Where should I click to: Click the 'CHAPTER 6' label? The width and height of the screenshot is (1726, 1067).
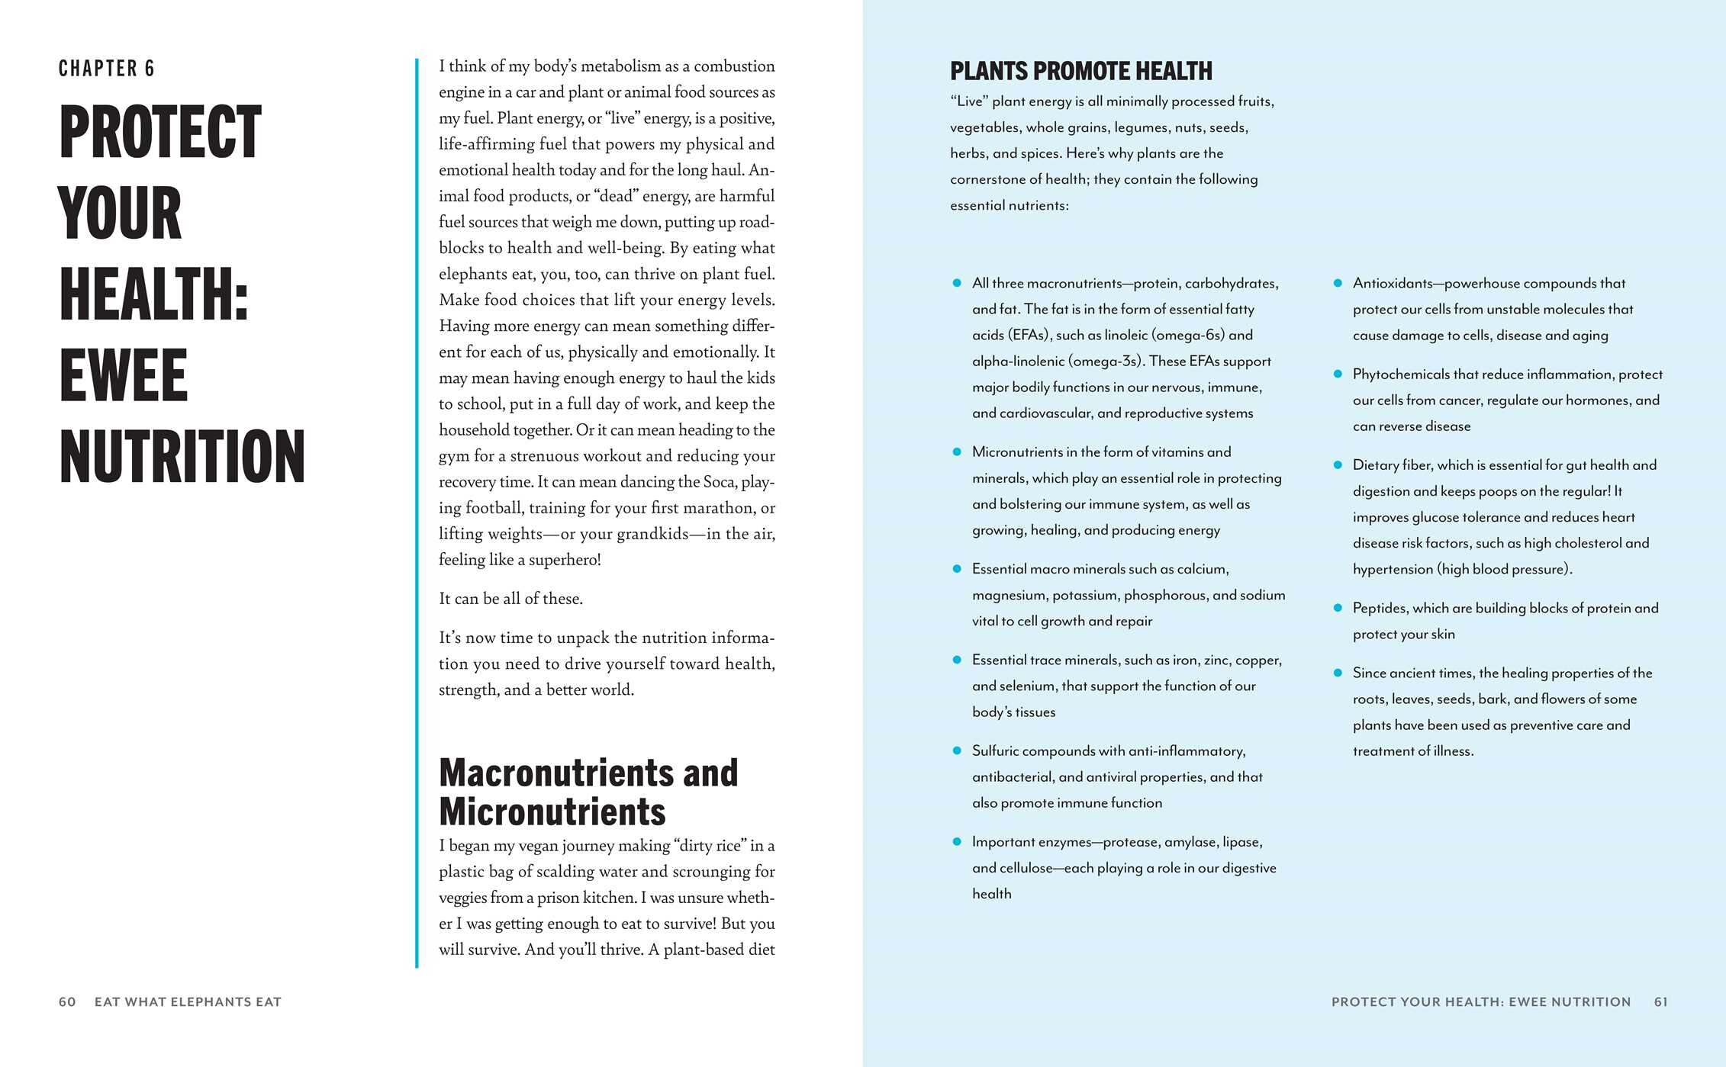pos(107,69)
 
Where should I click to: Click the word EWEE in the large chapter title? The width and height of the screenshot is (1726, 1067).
pos(124,375)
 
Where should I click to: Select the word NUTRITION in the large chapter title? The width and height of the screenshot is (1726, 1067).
pos(182,457)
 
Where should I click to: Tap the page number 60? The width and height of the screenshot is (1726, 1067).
pos(67,1001)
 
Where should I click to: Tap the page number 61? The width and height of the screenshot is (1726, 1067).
pos(1660,1001)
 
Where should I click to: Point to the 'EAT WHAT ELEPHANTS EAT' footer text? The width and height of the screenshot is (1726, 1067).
pos(188,1001)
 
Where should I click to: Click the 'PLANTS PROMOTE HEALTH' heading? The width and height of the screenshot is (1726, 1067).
pos(1080,72)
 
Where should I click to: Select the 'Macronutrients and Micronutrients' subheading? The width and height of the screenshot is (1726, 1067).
pos(588,792)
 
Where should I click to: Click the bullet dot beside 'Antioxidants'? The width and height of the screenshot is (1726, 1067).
pos(1337,283)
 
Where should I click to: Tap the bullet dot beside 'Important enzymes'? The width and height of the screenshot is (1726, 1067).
pos(957,841)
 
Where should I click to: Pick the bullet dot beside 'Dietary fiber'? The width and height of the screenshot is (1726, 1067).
pos(1337,464)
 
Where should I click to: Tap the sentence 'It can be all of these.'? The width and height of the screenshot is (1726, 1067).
pos(510,599)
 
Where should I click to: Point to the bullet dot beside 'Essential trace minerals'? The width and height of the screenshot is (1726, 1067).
pos(957,660)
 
